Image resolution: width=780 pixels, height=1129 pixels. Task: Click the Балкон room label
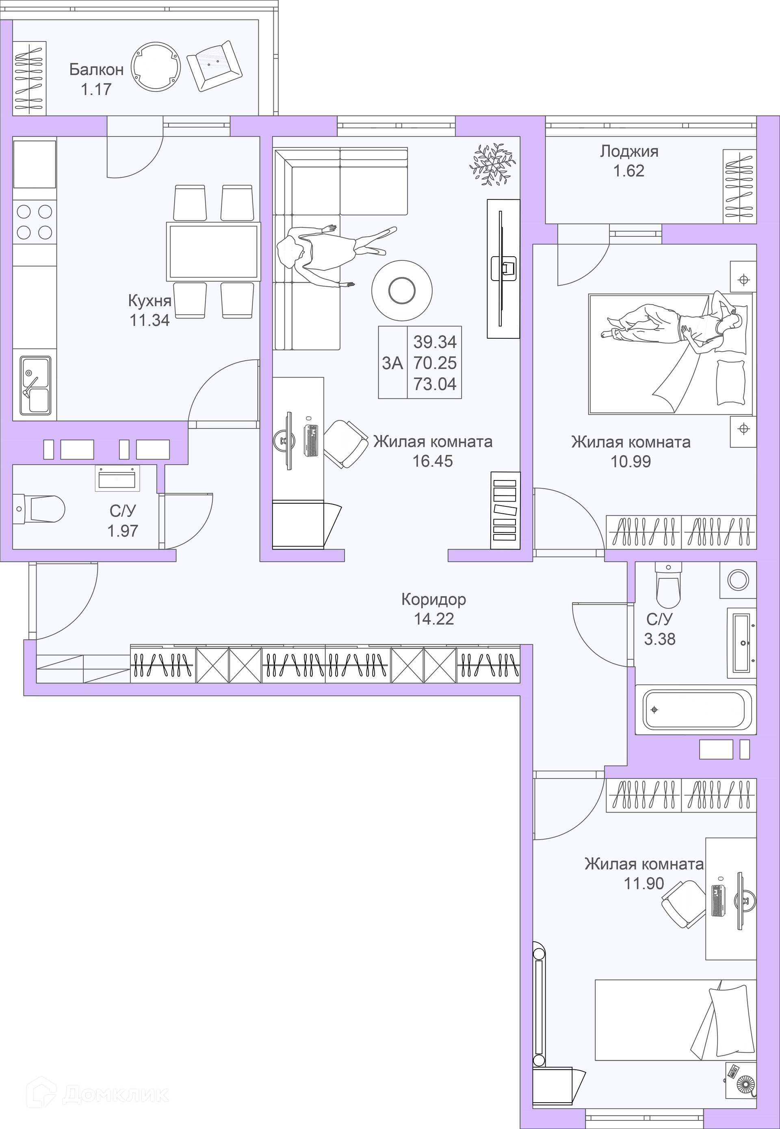96,70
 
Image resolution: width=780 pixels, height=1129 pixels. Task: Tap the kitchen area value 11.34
149,320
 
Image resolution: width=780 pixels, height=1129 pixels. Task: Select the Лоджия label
629,152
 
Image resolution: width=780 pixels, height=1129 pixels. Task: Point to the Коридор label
433,599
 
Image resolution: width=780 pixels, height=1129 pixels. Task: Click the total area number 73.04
435,384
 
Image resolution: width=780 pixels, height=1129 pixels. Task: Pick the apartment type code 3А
392,363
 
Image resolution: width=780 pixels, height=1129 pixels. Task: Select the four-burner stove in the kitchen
34,222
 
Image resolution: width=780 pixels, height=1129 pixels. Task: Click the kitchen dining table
213,251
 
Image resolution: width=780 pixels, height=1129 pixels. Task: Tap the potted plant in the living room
493,164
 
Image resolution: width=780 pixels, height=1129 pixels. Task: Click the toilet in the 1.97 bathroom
39,508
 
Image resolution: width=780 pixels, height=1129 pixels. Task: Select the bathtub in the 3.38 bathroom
695,709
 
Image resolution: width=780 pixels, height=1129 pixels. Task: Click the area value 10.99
630,462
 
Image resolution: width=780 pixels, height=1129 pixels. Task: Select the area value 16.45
433,461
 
